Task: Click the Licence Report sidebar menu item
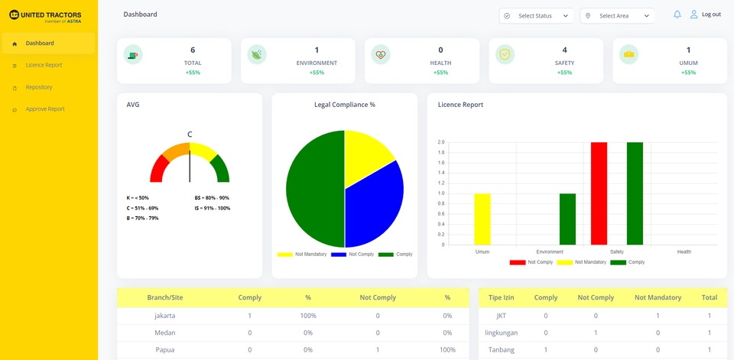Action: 44,65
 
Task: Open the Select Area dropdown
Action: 617,16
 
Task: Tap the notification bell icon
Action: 677,15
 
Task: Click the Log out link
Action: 710,15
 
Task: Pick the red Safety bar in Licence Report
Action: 599,193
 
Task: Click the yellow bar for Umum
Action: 482,219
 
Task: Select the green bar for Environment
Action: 567,219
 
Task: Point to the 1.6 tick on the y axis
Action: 440,163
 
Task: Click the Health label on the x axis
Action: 684,251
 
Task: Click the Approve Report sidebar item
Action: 45,109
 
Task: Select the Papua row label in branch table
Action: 164,349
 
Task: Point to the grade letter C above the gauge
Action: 190,134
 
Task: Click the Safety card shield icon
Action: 505,54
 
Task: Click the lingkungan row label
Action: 501,332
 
